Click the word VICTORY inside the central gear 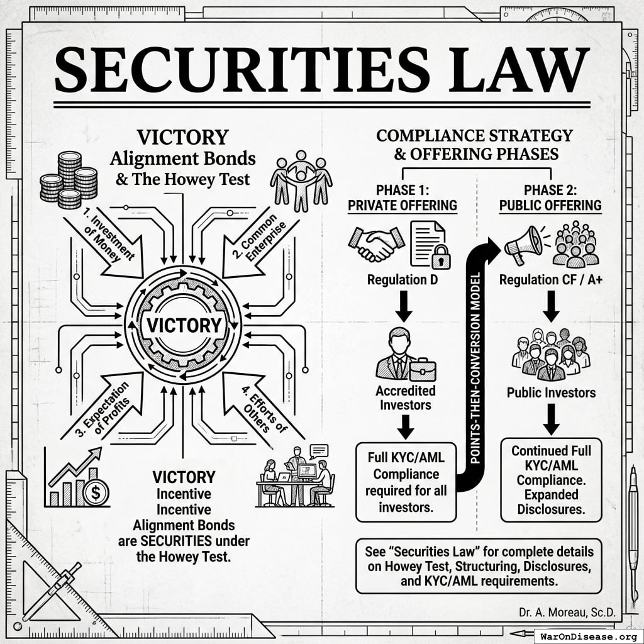183,325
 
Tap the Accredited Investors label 406,397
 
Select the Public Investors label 551,392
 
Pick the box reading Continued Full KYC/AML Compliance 551,480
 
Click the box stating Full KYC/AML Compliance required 405,481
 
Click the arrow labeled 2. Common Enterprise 257,248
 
